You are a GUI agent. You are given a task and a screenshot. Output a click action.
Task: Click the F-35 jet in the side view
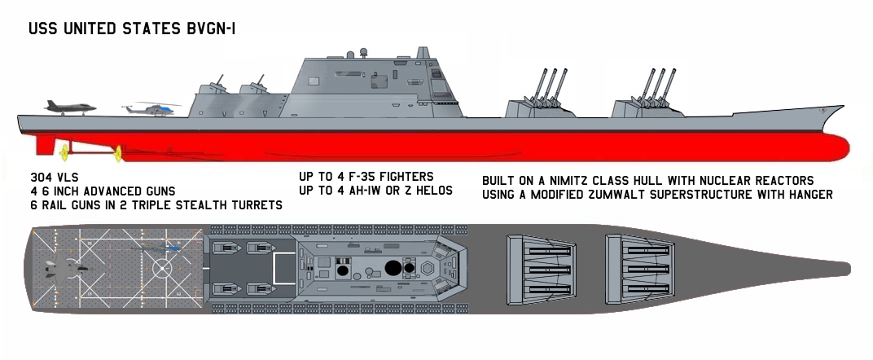click(70, 108)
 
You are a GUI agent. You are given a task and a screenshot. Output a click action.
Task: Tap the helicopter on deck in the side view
click(151, 109)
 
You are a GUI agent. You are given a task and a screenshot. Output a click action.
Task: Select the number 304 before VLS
click(41, 178)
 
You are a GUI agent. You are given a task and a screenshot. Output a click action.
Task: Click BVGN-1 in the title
click(212, 29)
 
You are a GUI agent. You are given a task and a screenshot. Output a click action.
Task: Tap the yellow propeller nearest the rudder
click(64, 150)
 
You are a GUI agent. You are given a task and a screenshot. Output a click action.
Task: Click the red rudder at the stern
click(46, 145)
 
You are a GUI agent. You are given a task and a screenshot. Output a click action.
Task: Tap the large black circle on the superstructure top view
click(393, 268)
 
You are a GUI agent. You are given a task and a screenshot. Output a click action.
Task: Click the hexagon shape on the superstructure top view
click(428, 268)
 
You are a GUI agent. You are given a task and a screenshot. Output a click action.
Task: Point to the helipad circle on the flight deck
click(162, 269)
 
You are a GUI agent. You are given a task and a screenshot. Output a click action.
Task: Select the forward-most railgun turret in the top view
click(640, 270)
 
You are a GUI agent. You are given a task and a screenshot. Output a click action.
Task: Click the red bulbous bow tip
click(845, 147)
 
